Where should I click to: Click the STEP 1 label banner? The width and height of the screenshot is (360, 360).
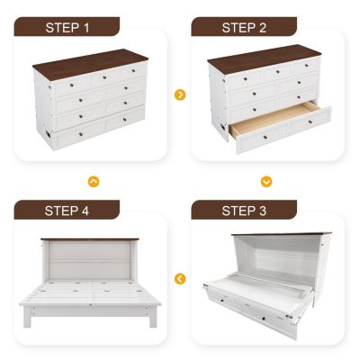click(x=67, y=27)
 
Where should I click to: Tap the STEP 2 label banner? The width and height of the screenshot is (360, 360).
click(x=245, y=27)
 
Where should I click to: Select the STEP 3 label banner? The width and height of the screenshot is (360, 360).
click(x=245, y=211)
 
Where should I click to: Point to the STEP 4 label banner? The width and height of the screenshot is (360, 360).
click(x=67, y=211)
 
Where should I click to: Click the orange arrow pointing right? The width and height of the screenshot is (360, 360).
click(x=180, y=94)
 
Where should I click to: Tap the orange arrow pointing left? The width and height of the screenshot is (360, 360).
click(x=180, y=278)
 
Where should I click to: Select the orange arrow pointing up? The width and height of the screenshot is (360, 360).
click(x=94, y=181)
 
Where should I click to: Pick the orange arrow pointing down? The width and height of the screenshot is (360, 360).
click(x=266, y=181)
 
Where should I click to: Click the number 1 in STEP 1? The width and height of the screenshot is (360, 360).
click(x=86, y=27)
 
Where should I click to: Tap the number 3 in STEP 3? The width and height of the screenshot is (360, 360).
click(x=265, y=211)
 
